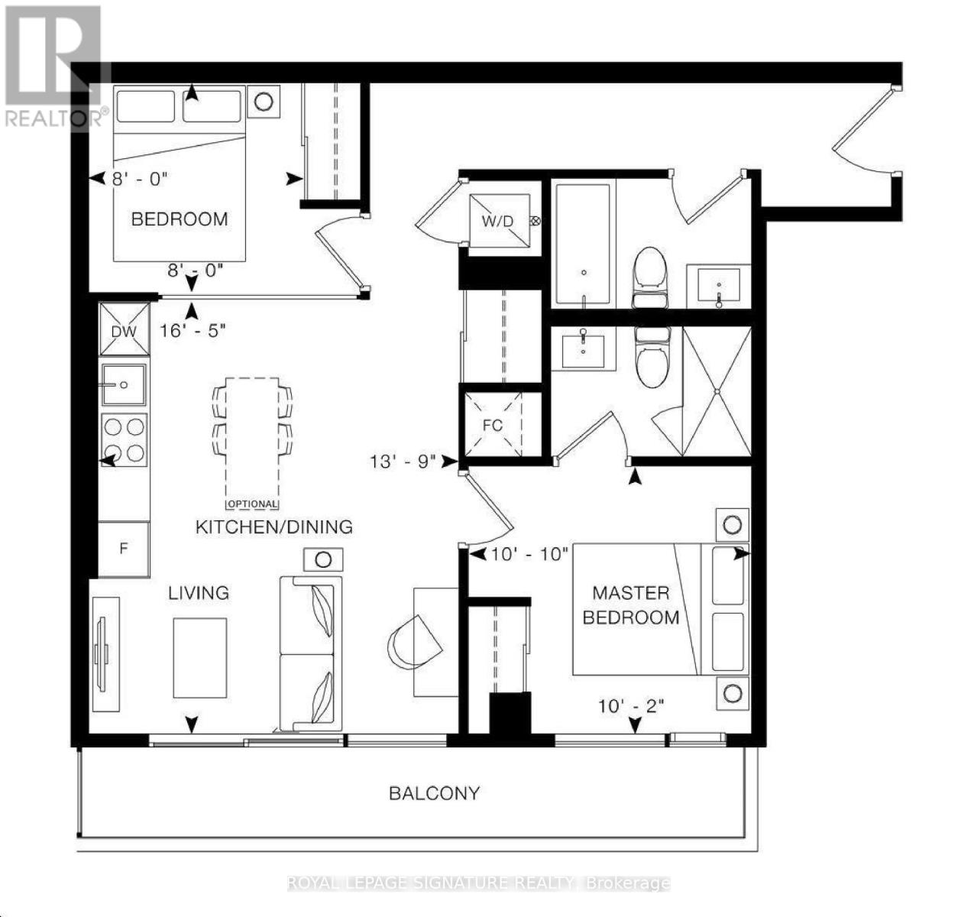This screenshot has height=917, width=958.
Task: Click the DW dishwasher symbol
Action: click(124, 329)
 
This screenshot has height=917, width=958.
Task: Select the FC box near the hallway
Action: click(493, 425)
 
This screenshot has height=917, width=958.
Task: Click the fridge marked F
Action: click(124, 549)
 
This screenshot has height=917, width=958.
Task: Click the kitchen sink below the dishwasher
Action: click(124, 384)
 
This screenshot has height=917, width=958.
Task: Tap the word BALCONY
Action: click(434, 793)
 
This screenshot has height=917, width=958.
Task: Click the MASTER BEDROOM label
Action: click(631, 604)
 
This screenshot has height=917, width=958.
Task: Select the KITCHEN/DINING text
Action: click(274, 527)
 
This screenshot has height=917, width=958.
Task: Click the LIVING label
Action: click(199, 592)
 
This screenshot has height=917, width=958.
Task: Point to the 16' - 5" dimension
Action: click(193, 330)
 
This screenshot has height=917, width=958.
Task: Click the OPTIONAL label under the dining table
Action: click(253, 504)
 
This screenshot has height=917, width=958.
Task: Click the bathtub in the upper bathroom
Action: click(582, 245)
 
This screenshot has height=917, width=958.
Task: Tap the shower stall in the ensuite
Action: click(717, 391)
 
